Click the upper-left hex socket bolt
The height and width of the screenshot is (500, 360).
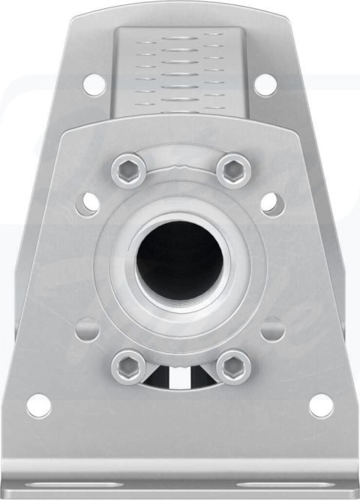127,170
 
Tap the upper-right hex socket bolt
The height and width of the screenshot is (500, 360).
233,170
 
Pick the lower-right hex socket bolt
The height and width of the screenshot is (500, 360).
233,367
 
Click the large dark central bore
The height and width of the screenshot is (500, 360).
179,260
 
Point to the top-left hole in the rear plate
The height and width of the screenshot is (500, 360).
94,84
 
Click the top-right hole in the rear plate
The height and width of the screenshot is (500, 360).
265,84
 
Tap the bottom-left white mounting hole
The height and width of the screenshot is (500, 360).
39,405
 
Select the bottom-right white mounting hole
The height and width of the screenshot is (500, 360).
321,405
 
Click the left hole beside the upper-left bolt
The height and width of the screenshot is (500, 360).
88,203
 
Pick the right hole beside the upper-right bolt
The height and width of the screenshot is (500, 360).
272,203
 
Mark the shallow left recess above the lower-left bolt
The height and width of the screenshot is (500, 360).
88,328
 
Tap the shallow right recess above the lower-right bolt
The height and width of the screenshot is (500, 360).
272,328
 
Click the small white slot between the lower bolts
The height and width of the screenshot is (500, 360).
180,378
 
